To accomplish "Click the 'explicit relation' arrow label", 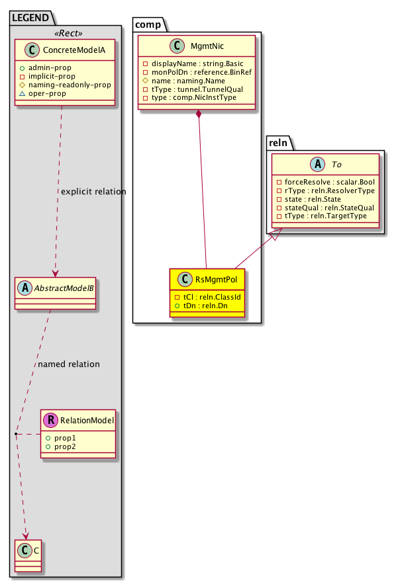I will coord(93,192).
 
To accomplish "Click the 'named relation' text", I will coord(69,364).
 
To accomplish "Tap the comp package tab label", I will coord(148,25).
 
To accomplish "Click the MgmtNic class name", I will coord(206,47).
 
